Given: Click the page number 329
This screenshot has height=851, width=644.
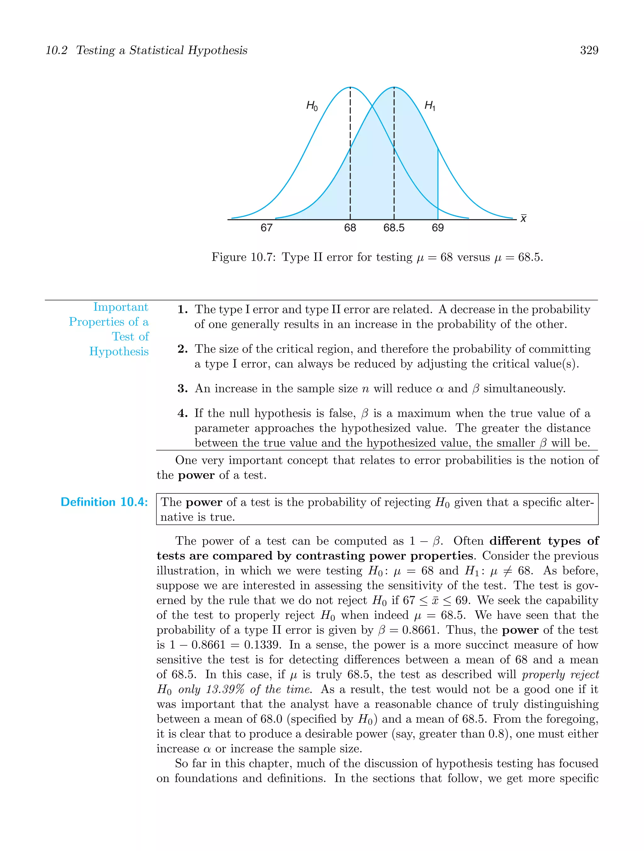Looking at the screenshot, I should (x=589, y=50).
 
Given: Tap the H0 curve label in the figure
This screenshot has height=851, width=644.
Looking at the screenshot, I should (x=312, y=105).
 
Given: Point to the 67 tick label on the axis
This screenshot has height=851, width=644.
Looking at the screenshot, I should (x=266, y=228).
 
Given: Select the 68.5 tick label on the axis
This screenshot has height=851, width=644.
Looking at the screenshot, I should (x=394, y=228).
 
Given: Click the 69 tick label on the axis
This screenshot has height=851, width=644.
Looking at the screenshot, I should (x=437, y=228).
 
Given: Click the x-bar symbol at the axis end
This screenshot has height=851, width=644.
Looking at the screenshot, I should (x=523, y=218).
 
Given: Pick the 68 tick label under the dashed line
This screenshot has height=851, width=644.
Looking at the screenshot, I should (x=350, y=228).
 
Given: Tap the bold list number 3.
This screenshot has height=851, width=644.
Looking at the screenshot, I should (x=182, y=389).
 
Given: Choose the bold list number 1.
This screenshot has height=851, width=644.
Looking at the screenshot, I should (x=182, y=310).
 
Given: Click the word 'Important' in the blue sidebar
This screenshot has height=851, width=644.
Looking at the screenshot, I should (x=120, y=307).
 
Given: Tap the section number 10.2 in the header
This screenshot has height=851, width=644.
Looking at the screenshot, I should (x=56, y=50).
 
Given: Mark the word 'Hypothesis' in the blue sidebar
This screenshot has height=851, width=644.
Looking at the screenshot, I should (x=119, y=351).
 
